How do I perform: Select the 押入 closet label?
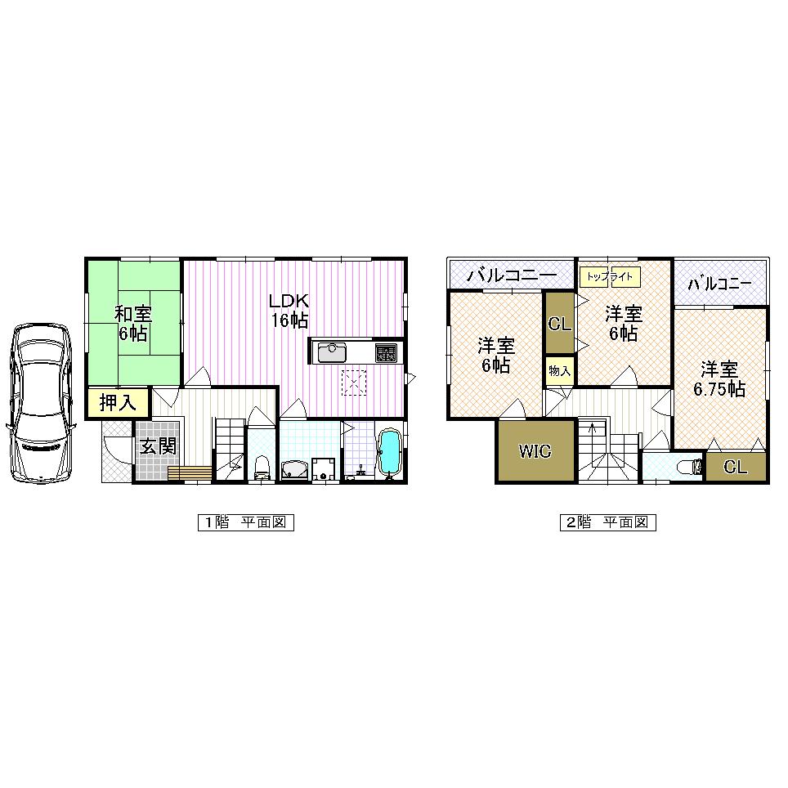[118, 403]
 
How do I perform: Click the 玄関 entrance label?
[156, 447]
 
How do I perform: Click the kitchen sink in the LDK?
[331, 352]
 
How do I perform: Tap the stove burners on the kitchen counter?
[385, 352]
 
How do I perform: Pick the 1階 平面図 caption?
[244, 523]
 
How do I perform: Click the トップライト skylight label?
[609, 277]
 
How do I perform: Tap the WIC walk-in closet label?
[535, 451]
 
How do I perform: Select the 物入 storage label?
[559, 370]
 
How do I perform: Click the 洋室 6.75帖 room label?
[719, 380]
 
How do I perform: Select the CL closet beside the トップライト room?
[559, 324]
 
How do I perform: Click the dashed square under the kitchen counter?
[355, 383]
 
